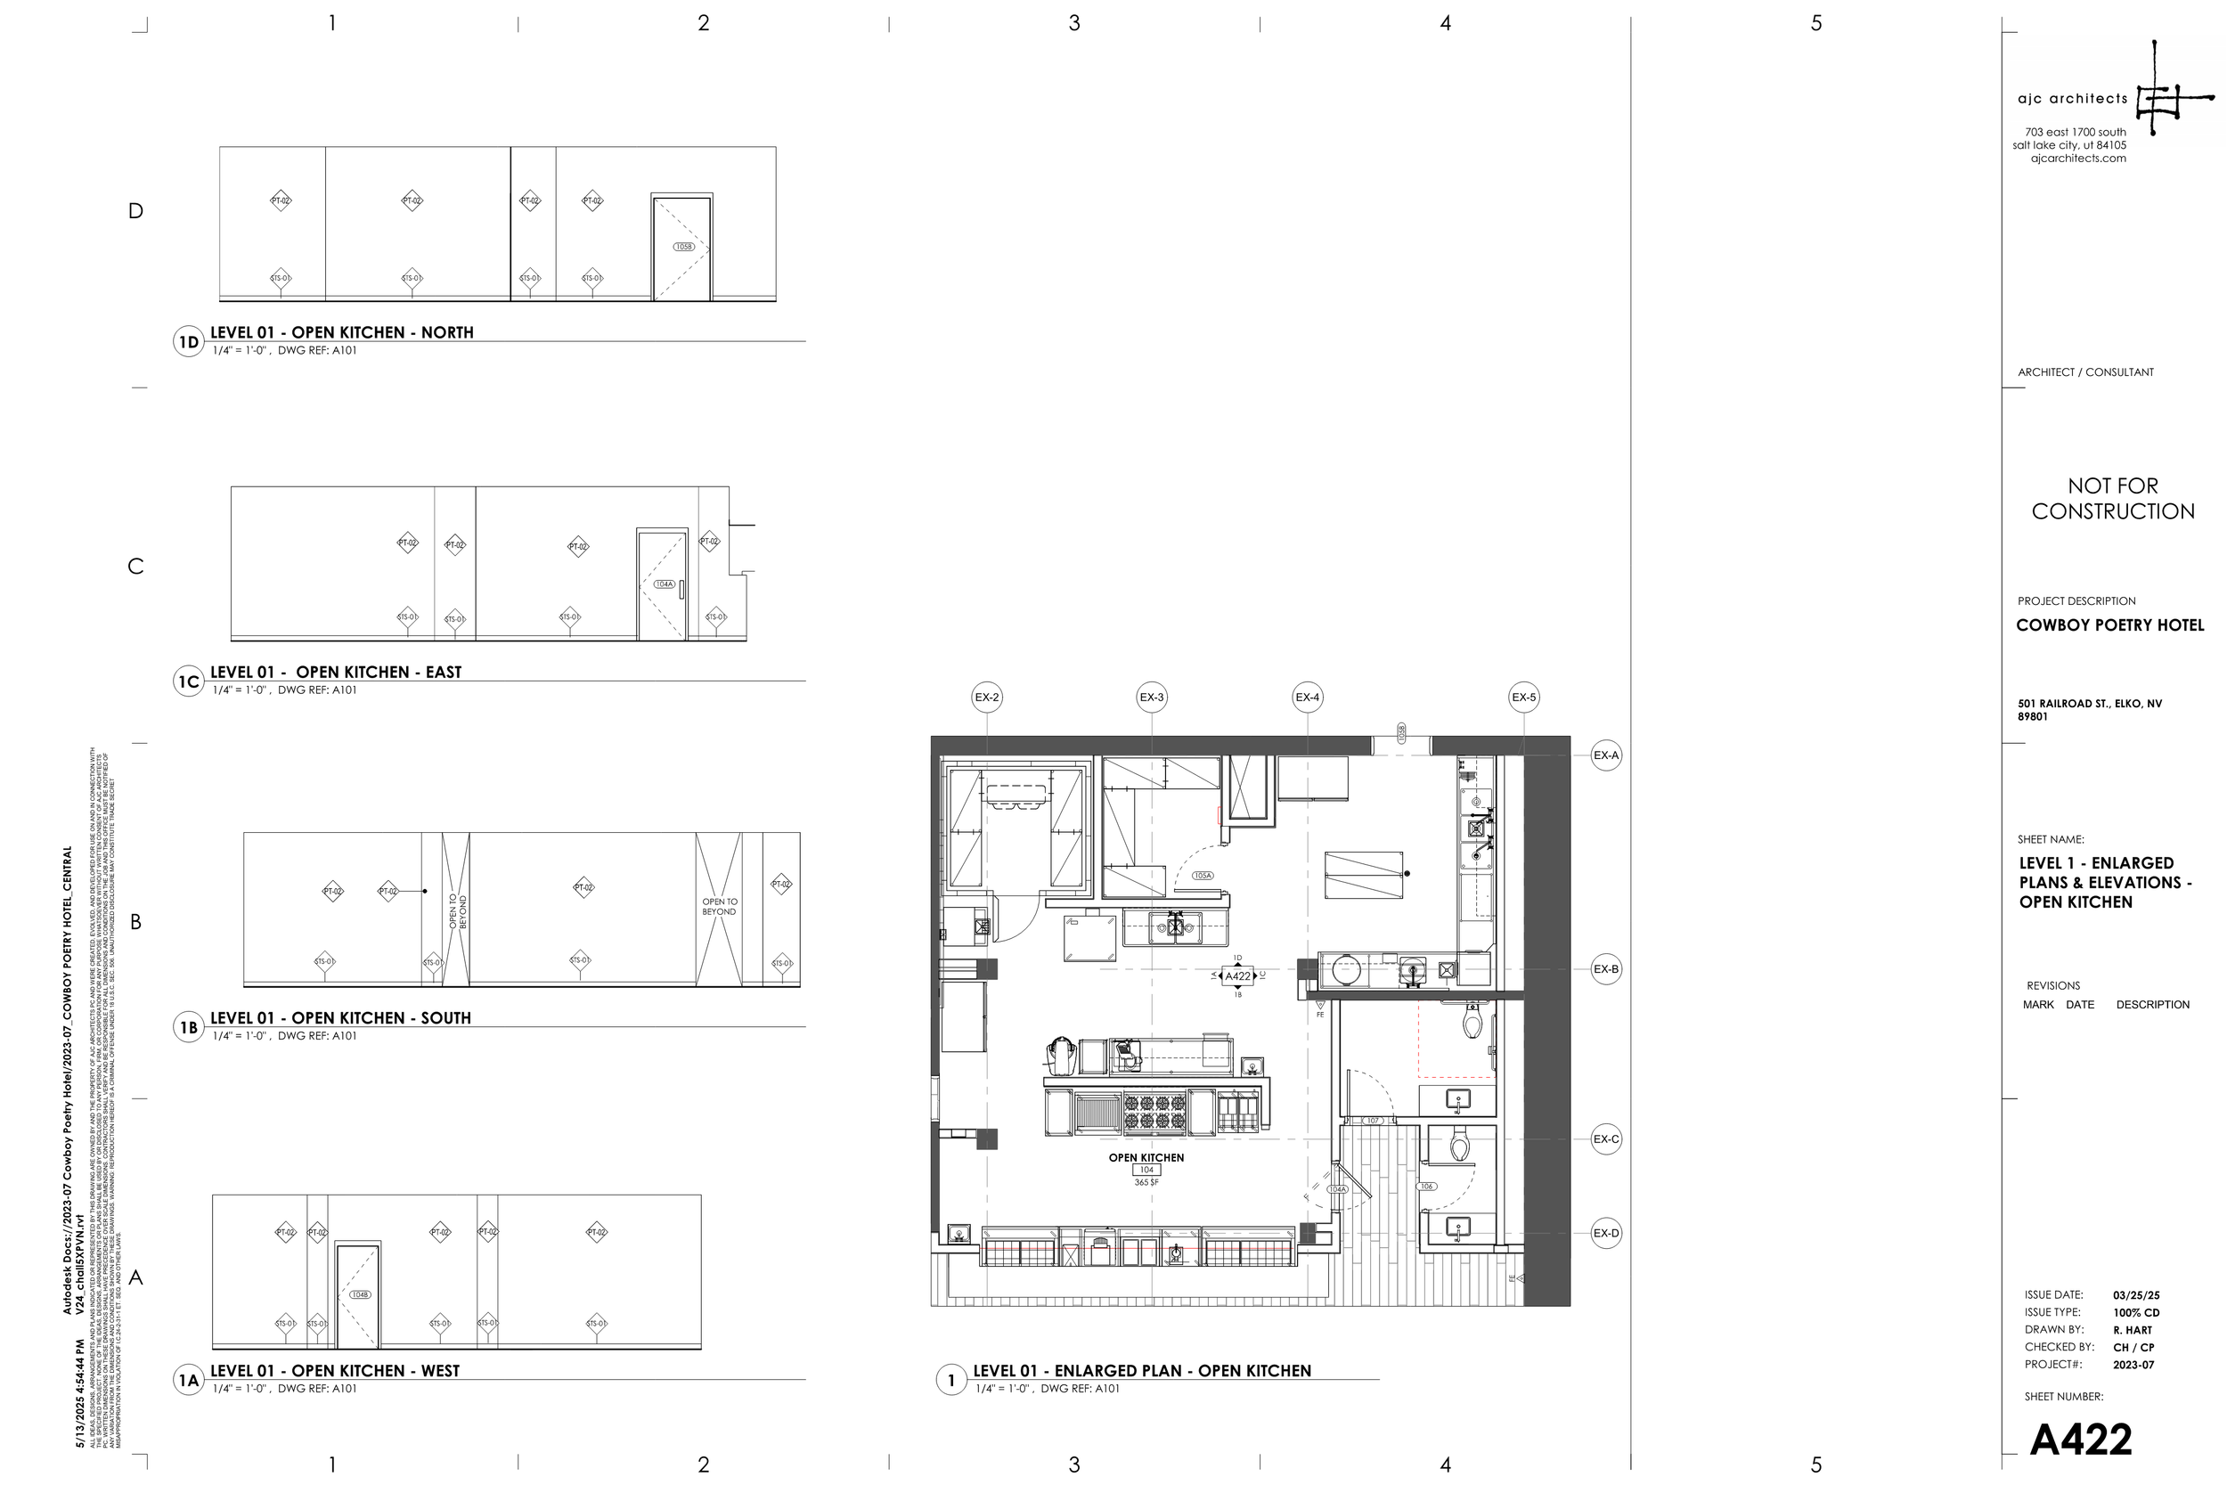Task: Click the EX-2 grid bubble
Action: tap(987, 697)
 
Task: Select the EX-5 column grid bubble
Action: tap(1523, 697)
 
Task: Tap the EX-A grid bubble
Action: tap(1606, 755)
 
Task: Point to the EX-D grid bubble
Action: tap(1606, 1233)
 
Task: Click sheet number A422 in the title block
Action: tap(2080, 1440)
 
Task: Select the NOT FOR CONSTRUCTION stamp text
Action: tap(2112, 499)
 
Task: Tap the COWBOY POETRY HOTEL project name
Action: tap(2109, 625)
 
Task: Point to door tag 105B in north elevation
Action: tap(683, 247)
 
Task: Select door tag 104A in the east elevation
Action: tap(664, 584)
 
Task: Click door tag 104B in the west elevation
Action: tap(360, 1294)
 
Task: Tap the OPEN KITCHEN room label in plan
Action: tap(1146, 1157)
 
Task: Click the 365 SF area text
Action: tap(1146, 1182)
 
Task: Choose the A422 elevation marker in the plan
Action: tap(1237, 975)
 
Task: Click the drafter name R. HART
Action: tap(2133, 1330)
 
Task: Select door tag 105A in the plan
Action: tap(1203, 876)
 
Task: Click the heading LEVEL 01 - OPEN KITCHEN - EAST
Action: tap(335, 673)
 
